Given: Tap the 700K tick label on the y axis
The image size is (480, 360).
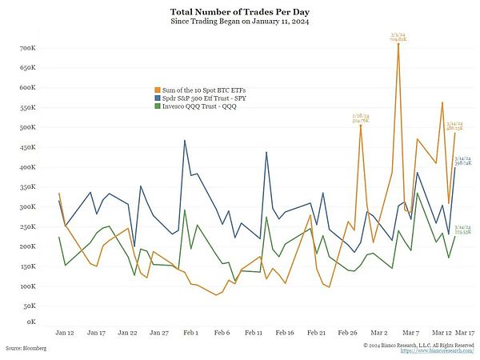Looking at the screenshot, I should (27, 49).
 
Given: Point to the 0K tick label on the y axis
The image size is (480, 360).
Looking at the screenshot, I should (31, 322).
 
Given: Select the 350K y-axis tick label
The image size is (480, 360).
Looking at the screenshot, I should (27, 167).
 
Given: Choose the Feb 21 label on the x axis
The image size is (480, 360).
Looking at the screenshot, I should (316, 331).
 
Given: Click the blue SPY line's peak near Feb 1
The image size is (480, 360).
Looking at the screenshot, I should (185, 141).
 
